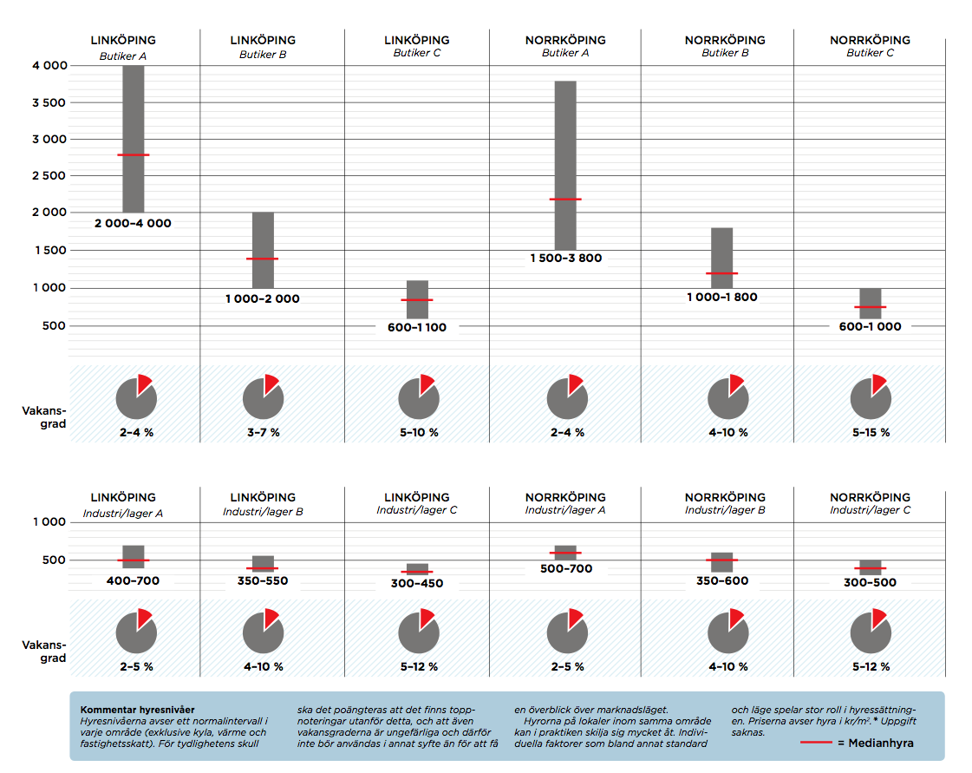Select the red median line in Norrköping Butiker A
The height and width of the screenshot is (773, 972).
pos(565,200)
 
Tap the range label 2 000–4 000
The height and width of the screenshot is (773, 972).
pos(133,224)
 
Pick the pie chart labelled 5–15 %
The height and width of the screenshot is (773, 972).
pos(870,399)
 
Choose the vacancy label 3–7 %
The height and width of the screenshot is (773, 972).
pos(263,432)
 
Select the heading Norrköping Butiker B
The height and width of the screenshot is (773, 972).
pos(725,46)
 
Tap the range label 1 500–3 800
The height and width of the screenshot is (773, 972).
pos(565,259)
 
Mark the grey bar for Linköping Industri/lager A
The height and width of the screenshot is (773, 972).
pos(134,556)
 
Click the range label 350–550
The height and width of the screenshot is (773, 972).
pos(263,581)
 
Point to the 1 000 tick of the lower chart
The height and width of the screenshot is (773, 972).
pos(49,522)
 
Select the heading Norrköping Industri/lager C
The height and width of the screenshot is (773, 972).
pos(870,503)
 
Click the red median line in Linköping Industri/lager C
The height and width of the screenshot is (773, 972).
pos(417,572)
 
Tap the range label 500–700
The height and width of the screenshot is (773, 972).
pos(565,569)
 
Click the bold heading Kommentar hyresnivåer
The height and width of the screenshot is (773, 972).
pos(137,710)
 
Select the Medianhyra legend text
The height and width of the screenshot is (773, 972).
pos(875,744)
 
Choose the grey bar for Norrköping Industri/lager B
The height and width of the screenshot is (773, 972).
pos(721,561)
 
